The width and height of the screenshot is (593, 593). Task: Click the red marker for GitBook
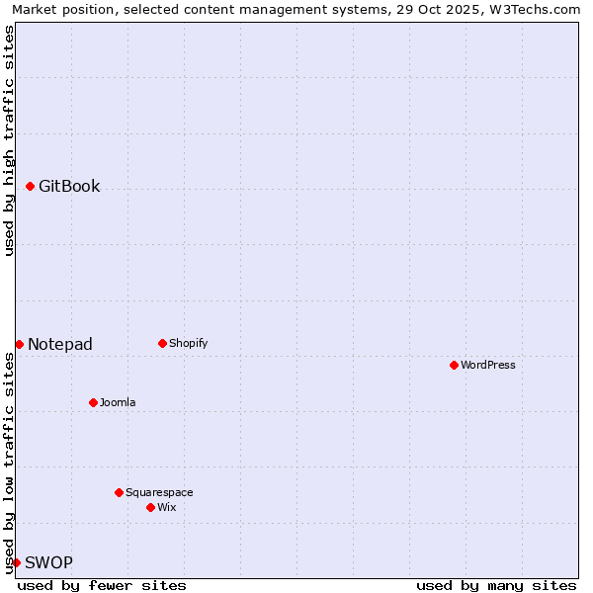(31, 186)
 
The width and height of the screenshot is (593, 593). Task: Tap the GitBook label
(69, 186)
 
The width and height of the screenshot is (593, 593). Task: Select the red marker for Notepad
(19, 344)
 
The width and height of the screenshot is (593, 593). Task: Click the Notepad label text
(60, 344)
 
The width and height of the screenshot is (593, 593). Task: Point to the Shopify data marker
(162, 343)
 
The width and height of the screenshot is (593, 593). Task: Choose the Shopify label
(188, 343)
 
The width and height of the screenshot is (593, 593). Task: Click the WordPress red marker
(454, 365)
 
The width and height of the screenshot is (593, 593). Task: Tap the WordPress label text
(488, 365)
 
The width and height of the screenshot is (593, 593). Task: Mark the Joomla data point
(93, 402)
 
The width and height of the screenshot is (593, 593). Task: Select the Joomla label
(118, 402)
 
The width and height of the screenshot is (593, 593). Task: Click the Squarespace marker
(119, 492)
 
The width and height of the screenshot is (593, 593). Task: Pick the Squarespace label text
(159, 492)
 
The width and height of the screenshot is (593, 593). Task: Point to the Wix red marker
(150, 507)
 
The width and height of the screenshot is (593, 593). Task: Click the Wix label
(166, 507)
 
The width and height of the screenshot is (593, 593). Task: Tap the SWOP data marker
(16, 562)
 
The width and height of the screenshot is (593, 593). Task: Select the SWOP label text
(48, 562)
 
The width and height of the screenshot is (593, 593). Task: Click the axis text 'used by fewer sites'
(102, 585)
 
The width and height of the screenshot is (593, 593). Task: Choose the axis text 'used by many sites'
(496, 585)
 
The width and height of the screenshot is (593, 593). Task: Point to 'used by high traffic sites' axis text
(9, 140)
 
